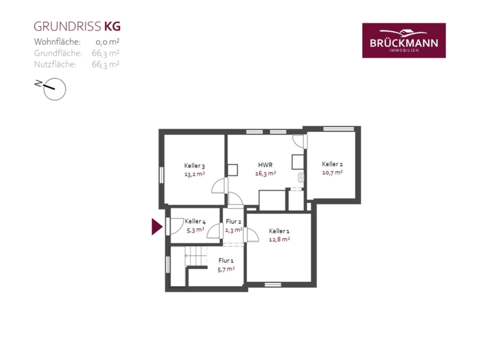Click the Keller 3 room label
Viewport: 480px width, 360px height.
[194, 166]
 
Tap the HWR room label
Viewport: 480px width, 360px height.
[265, 165]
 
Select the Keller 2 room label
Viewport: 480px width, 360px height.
[332, 164]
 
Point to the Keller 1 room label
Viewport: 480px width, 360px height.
[279, 231]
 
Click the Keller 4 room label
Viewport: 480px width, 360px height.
[195, 221]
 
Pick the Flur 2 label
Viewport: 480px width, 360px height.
[234, 221]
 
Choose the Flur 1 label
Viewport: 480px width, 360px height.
[226, 260]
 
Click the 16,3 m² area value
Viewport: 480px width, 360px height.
[266, 173]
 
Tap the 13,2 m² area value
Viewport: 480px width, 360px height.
[194, 174]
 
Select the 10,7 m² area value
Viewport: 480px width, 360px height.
[332, 172]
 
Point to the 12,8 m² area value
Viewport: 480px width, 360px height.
[279, 239]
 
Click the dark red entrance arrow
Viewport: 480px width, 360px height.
[157, 227]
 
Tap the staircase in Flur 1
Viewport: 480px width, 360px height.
[196, 256]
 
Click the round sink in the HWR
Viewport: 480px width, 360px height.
[301, 177]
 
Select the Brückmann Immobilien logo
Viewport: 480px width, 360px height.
[404, 41]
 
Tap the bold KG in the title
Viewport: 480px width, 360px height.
[113, 27]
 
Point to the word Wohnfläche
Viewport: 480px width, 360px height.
[57, 42]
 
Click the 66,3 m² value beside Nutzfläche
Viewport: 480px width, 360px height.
[105, 65]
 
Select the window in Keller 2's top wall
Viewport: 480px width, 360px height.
[339, 129]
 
